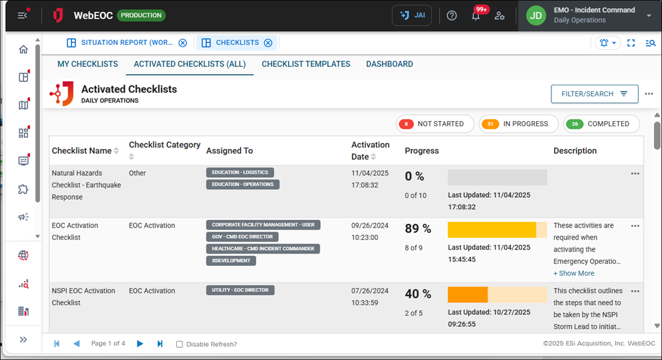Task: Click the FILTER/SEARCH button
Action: pyautogui.click(x=594, y=94)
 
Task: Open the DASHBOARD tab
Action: pyautogui.click(x=389, y=64)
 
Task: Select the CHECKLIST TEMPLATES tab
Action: pyautogui.click(x=306, y=64)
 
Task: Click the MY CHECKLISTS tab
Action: pyautogui.click(x=87, y=64)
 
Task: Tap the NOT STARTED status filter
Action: pyautogui.click(x=434, y=124)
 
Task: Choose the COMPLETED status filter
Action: pyautogui.click(x=601, y=124)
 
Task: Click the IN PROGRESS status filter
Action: pyautogui.click(x=517, y=124)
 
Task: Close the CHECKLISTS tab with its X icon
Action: pyautogui.click(x=268, y=43)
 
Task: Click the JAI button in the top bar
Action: pyautogui.click(x=412, y=15)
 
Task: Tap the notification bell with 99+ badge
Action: pyautogui.click(x=476, y=16)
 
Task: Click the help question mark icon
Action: pyautogui.click(x=452, y=16)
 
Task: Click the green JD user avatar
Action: pyautogui.click(x=536, y=15)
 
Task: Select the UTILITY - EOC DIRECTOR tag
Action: pyautogui.click(x=240, y=291)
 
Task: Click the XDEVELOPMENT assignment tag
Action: pyautogui.click(x=231, y=261)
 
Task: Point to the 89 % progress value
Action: pyautogui.click(x=418, y=229)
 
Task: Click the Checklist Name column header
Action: pyautogui.click(x=81, y=151)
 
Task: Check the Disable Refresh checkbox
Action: pyautogui.click(x=179, y=344)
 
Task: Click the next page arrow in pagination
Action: pyautogui.click(x=140, y=343)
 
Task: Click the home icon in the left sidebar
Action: pyautogui.click(x=23, y=50)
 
